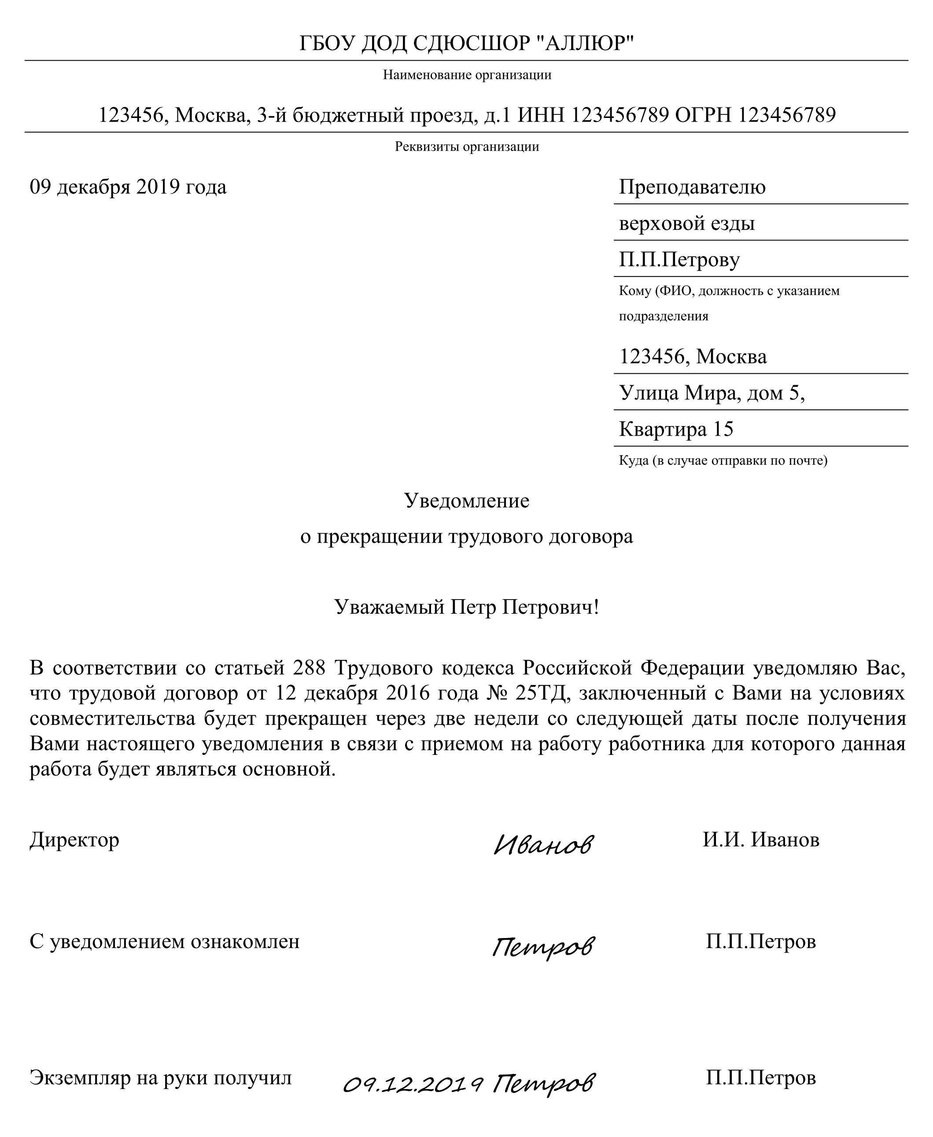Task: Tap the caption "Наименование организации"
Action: coord(467,75)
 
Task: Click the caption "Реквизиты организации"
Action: coord(467,147)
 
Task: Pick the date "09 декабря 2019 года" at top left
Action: coord(128,187)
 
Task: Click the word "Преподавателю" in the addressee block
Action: coord(692,187)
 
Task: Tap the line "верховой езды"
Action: coord(687,223)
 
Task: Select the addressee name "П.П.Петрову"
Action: coord(679,260)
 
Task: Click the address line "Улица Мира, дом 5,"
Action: coord(712,393)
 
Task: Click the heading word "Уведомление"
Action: coord(467,501)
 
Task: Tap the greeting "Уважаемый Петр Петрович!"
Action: coord(467,607)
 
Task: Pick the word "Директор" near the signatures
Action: coord(74,840)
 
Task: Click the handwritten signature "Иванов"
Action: coord(543,845)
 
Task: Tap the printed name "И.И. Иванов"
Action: coord(761,840)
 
